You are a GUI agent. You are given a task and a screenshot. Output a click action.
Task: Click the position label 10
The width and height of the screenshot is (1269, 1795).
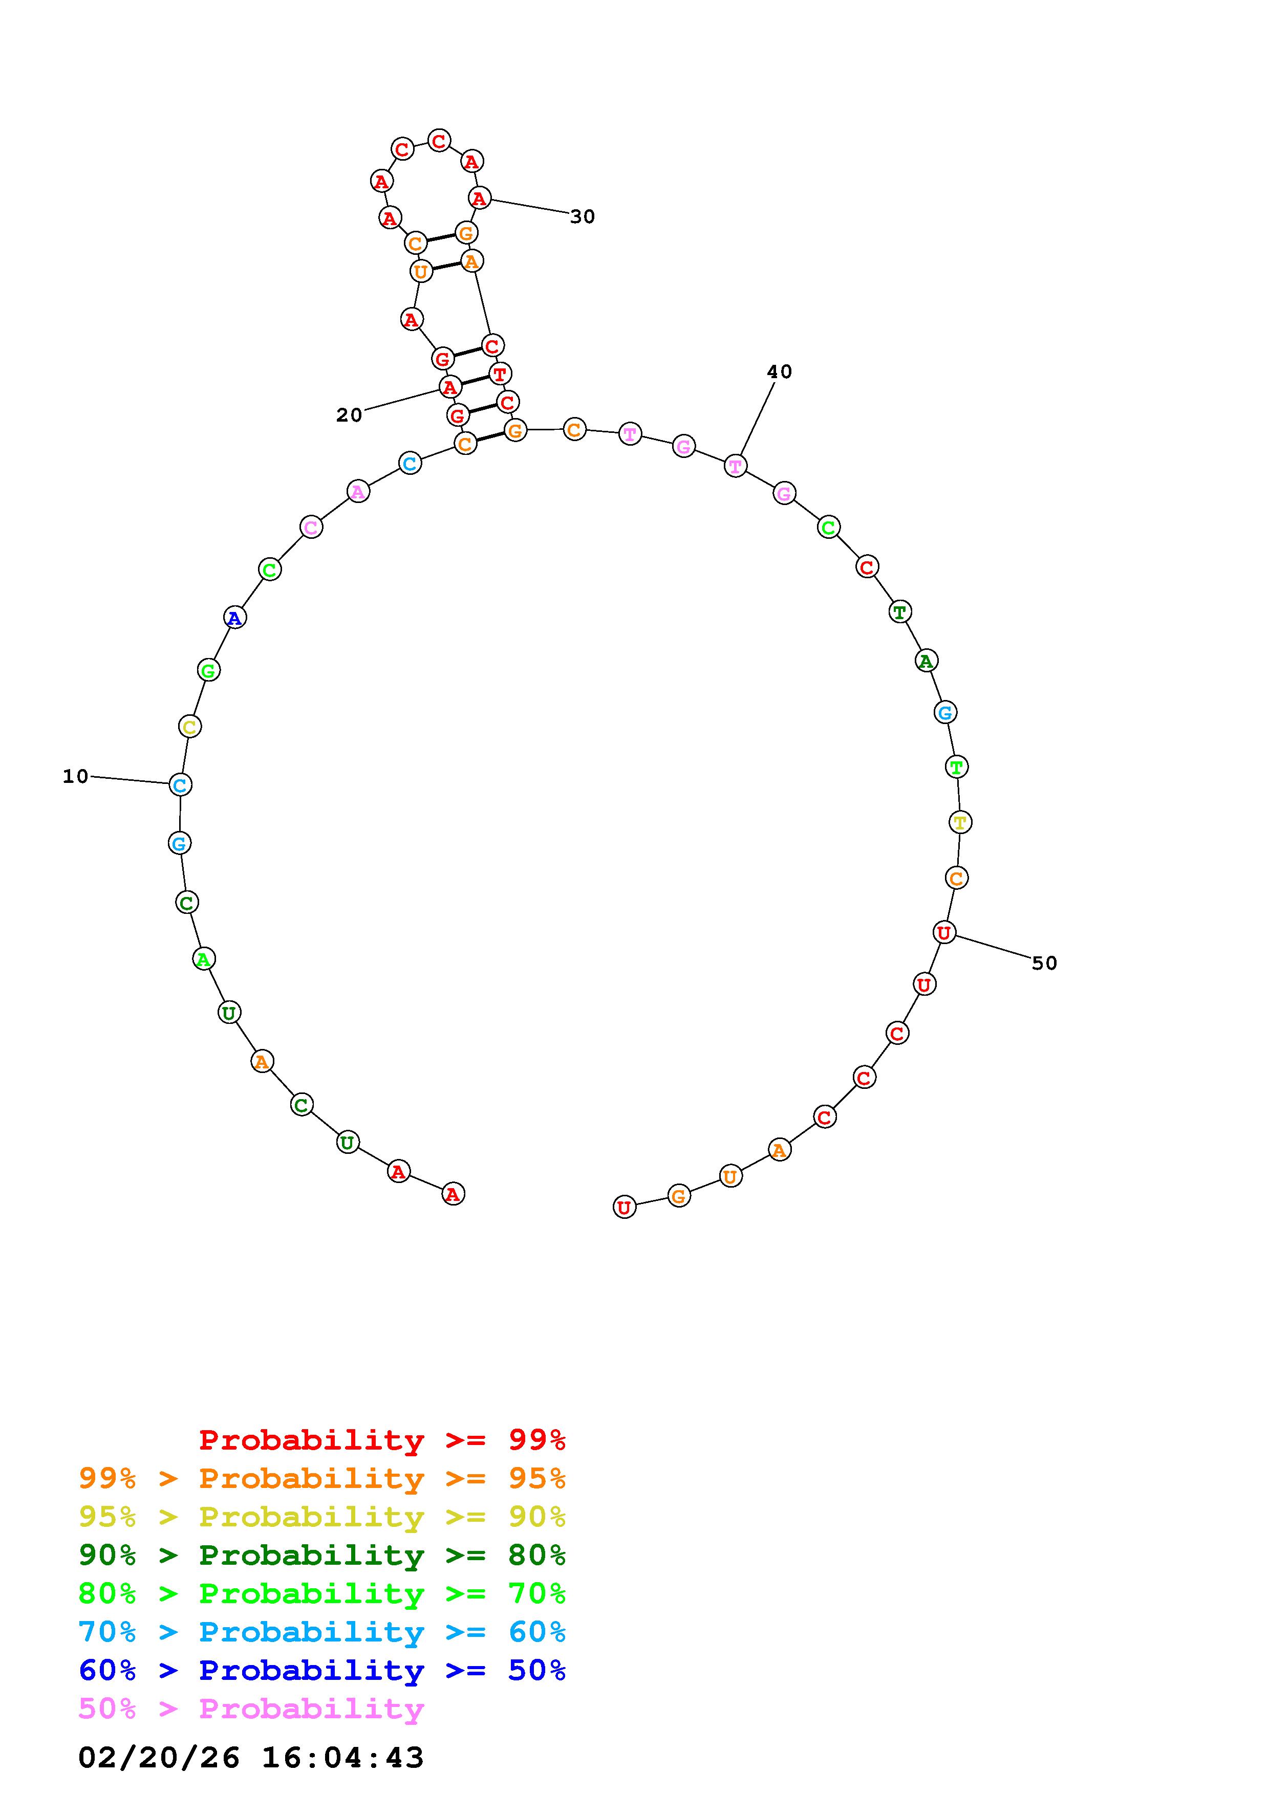click(x=76, y=776)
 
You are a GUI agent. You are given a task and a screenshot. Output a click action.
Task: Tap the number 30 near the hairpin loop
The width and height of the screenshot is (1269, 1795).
click(x=583, y=216)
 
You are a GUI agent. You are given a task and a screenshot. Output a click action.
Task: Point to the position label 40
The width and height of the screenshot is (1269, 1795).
click(x=780, y=372)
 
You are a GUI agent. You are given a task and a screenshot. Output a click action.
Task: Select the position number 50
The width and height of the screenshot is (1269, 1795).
click(x=1045, y=963)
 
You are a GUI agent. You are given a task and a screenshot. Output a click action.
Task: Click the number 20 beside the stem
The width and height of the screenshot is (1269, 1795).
click(x=350, y=415)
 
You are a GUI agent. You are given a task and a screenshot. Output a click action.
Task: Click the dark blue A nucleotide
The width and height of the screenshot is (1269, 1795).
click(x=234, y=618)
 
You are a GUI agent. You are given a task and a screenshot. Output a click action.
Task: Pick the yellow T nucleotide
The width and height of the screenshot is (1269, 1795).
click(x=960, y=822)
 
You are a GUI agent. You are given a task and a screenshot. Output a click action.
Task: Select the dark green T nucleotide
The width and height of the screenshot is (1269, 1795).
click(x=901, y=612)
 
